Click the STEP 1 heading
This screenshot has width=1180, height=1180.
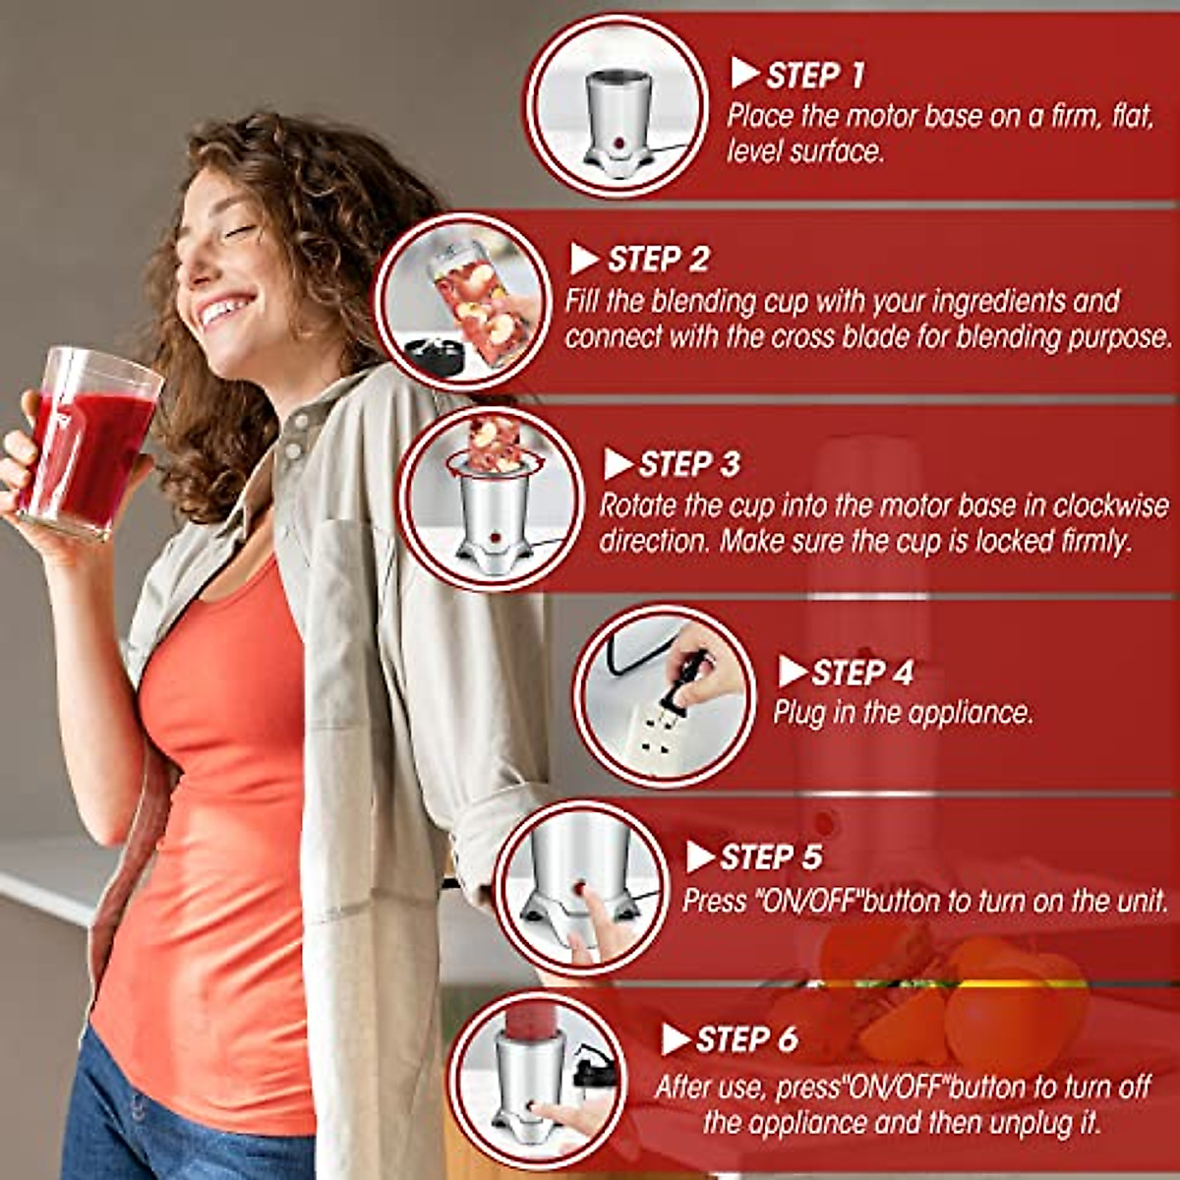tap(815, 75)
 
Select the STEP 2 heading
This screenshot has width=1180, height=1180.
tap(658, 260)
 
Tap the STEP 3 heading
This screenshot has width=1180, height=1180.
tap(689, 464)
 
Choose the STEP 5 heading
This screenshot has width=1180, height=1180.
tap(770, 857)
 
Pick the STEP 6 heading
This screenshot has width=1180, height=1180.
tap(746, 1039)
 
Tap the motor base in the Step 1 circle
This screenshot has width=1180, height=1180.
tap(618, 123)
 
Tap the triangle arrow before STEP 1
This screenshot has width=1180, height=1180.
tap(744, 73)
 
